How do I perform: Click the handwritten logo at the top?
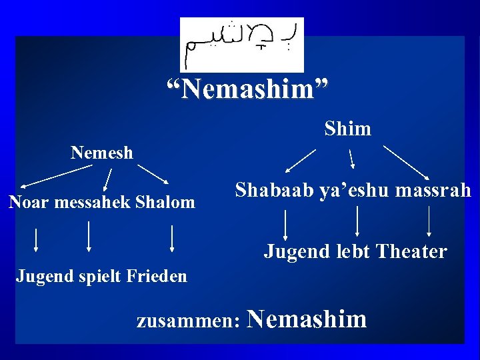pyautogui.click(x=241, y=44)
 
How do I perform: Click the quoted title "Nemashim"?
pyautogui.click(x=247, y=89)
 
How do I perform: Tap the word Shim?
pyautogui.click(x=347, y=129)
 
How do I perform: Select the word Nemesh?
pyautogui.click(x=102, y=153)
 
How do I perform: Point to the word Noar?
pyautogui.click(x=27, y=202)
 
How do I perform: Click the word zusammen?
pyautogui.click(x=188, y=321)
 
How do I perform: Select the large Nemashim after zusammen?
pyautogui.click(x=307, y=319)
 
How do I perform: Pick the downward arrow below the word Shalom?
pyautogui.click(x=172, y=238)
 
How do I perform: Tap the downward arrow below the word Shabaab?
pyautogui.click(x=285, y=224)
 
